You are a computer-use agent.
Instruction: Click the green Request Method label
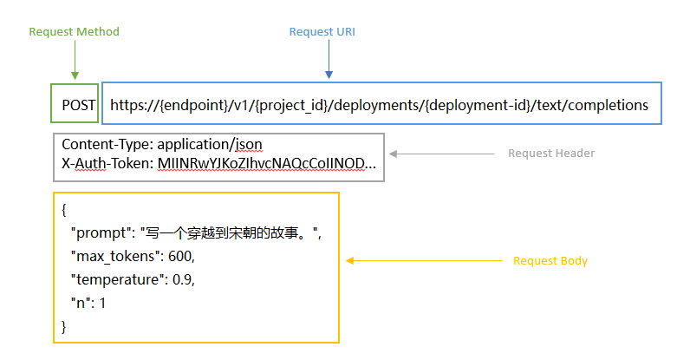(x=74, y=32)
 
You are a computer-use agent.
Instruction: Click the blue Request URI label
(x=322, y=32)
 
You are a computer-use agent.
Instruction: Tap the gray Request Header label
(x=550, y=154)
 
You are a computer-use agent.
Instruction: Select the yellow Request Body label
(x=550, y=260)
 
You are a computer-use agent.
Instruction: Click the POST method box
(x=75, y=105)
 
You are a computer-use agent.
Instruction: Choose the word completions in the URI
(x=606, y=105)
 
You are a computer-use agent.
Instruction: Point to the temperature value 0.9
(x=184, y=280)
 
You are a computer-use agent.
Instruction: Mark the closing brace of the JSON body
(x=64, y=326)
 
